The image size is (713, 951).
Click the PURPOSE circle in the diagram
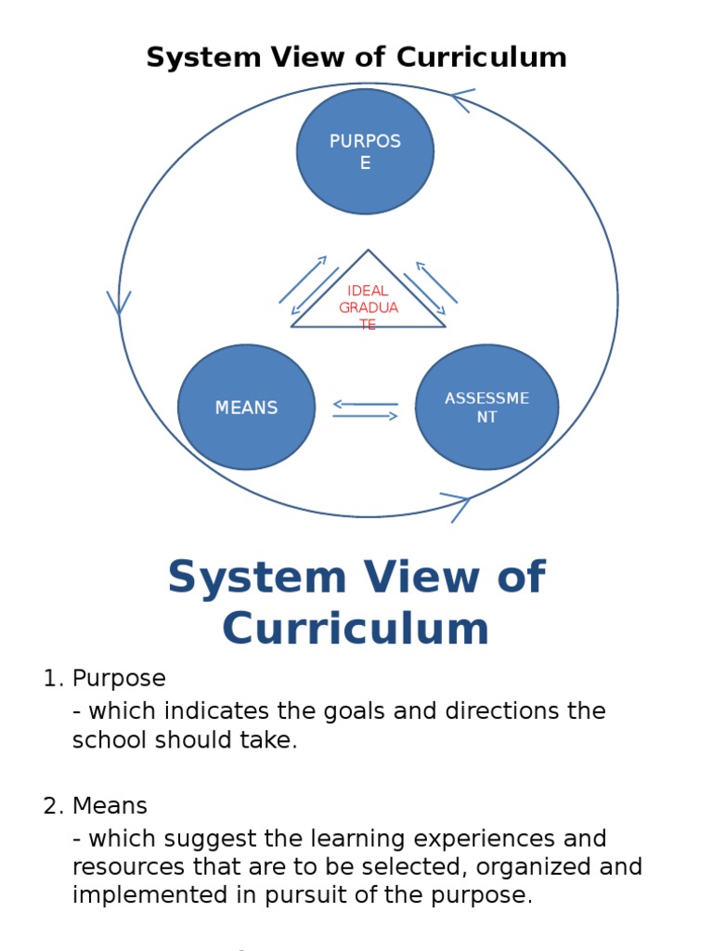[365, 151]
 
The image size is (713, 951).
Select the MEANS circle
[246, 408]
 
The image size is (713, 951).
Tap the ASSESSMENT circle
[486, 408]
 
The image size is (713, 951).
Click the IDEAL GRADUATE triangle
[369, 302]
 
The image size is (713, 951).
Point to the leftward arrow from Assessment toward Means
[365, 404]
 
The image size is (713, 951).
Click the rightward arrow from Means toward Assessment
[365, 416]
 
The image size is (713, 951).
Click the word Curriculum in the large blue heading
[356, 629]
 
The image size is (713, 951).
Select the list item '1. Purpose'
[104, 678]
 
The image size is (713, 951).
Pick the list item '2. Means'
[96, 806]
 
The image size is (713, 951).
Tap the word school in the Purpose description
[110, 741]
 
